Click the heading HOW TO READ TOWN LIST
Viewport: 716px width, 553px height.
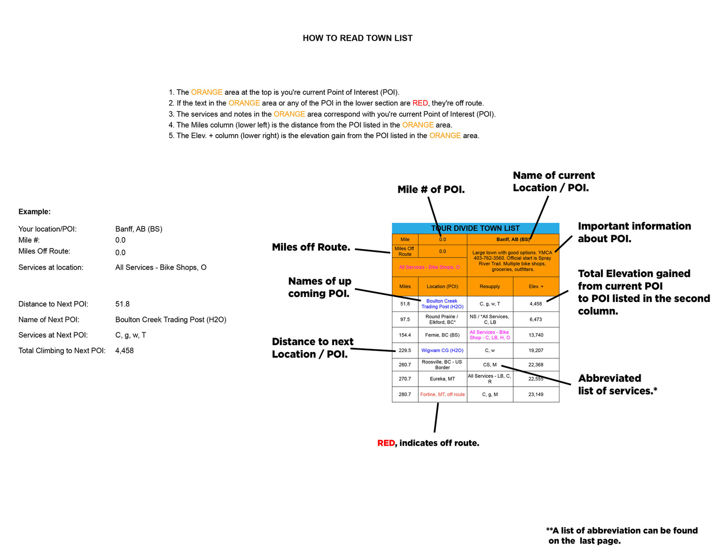point(357,38)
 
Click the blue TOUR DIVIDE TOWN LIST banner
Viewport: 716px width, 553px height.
point(475,228)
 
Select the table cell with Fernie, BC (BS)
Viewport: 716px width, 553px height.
point(442,335)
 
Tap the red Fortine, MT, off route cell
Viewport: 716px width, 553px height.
point(442,395)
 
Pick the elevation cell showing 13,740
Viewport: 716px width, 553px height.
point(536,335)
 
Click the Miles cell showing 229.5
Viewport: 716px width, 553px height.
point(405,351)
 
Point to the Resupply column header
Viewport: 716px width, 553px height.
point(490,287)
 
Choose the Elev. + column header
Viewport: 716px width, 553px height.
point(536,287)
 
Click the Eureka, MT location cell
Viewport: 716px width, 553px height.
point(442,379)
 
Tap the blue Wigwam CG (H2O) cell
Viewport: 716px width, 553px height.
point(442,351)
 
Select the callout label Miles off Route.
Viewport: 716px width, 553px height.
point(311,248)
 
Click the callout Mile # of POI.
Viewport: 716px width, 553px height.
point(431,190)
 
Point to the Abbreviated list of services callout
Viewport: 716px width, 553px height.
point(617,385)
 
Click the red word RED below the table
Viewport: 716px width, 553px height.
point(386,443)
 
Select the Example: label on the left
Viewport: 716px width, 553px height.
point(34,212)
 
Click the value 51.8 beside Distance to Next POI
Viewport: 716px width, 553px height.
point(122,304)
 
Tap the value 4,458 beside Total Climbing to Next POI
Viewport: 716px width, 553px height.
point(124,351)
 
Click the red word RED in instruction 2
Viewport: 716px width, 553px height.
point(420,103)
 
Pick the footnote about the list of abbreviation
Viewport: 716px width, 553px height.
point(622,536)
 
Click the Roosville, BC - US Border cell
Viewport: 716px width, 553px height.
point(442,365)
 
